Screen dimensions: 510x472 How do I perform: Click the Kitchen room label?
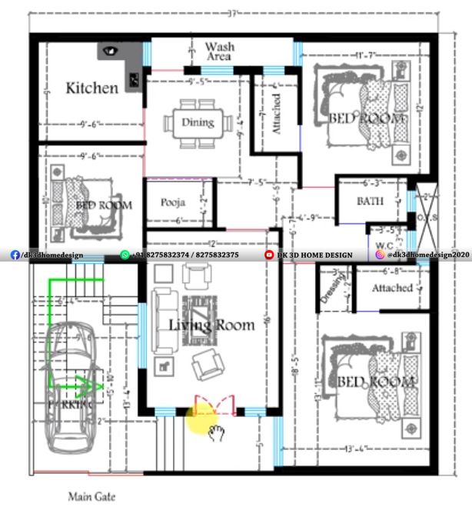coord(92,88)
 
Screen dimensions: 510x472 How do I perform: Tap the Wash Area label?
coord(220,52)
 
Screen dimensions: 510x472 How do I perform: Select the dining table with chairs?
coord(198,123)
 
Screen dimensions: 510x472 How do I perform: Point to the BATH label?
coord(371,201)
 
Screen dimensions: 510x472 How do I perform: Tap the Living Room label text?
coord(211,325)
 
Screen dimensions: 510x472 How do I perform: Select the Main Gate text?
coord(91,497)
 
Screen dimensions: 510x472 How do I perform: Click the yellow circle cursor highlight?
coord(201,421)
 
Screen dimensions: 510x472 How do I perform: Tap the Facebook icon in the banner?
coord(15,255)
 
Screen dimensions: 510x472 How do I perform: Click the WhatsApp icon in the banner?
coord(125,255)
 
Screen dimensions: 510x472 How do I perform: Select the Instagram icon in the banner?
coord(380,255)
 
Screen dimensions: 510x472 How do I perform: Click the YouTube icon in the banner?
coord(269,255)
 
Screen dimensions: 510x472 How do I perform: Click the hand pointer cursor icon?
coord(216,431)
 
